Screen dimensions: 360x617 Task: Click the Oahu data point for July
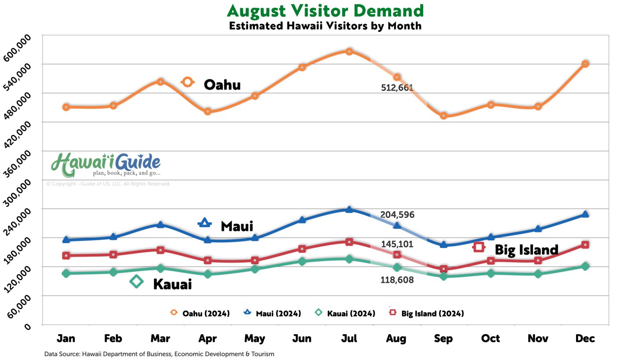coord(349,52)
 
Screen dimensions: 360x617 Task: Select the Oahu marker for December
coord(585,64)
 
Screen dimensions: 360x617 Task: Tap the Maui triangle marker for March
coord(160,225)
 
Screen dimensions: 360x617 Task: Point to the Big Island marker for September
coord(444,269)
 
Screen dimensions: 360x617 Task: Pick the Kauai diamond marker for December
coord(585,266)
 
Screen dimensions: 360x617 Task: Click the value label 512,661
coord(397,88)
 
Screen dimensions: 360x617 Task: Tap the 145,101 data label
coord(397,244)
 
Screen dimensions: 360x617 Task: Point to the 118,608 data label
coord(397,280)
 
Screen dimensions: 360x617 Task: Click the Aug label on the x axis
coord(396,339)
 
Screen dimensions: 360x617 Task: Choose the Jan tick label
coord(66,339)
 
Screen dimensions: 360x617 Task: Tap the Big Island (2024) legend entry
coord(432,313)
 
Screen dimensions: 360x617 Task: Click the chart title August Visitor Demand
coord(325,10)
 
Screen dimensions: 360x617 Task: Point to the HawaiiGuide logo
coord(106,165)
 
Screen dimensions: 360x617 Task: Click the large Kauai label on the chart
coord(172,285)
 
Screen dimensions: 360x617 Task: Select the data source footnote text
coord(159,354)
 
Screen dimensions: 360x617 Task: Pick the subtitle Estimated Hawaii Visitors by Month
coord(325,25)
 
